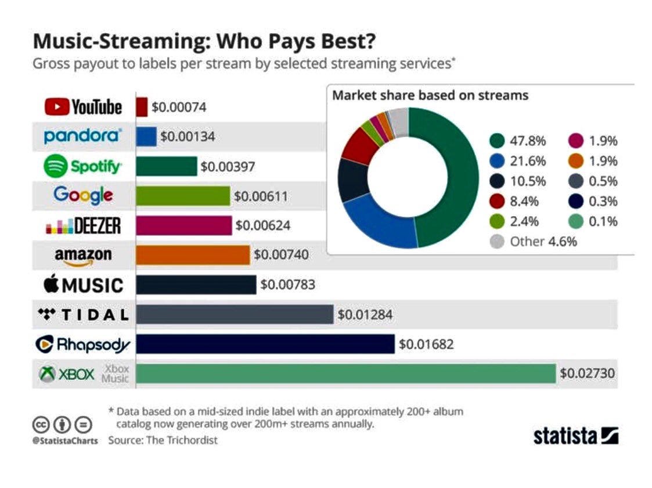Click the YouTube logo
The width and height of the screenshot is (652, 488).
(83, 107)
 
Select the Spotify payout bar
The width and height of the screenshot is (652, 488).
(166, 166)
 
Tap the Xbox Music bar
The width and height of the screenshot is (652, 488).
(346, 373)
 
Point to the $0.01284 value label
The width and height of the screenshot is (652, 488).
(365, 314)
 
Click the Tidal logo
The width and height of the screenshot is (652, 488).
(83, 314)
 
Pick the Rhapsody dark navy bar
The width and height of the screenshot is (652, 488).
(265, 344)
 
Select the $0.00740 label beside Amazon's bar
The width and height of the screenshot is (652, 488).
(281, 254)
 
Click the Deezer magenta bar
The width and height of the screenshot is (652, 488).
(184, 225)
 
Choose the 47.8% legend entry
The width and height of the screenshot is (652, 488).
(518, 141)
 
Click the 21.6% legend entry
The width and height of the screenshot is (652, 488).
(518, 161)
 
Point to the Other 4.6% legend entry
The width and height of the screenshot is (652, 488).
(534, 242)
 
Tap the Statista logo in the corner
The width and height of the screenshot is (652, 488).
(576, 436)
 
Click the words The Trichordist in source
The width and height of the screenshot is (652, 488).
(181, 440)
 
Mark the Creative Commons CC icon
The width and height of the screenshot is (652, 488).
(41, 425)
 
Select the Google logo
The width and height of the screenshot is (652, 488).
(83, 195)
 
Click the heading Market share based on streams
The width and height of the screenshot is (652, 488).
(430, 95)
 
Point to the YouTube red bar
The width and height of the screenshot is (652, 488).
(142, 107)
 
